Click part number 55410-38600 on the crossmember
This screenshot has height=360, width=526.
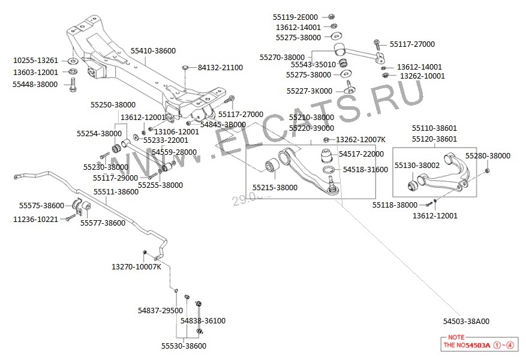[x=153, y=51]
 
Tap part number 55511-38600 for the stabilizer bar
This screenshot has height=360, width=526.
[x=116, y=192]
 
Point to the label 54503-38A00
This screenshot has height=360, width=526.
[x=466, y=321]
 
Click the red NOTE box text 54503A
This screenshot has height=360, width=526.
[x=478, y=346]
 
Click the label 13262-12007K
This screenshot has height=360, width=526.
[x=360, y=139]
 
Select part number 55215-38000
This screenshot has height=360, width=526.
[x=275, y=188]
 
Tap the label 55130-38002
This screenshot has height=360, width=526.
[x=417, y=165]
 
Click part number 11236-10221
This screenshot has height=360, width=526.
[x=36, y=219]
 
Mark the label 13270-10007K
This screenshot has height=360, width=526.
[x=136, y=266]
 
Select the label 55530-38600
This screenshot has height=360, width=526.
[x=184, y=346]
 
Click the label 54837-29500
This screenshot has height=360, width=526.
[x=160, y=310]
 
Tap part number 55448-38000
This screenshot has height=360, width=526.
[x=35, y=85]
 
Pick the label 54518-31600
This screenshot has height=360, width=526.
[x=365, y=170]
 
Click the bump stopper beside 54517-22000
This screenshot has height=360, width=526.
[x=327, y=157]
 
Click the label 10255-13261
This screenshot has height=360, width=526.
[x=36, y=61]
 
